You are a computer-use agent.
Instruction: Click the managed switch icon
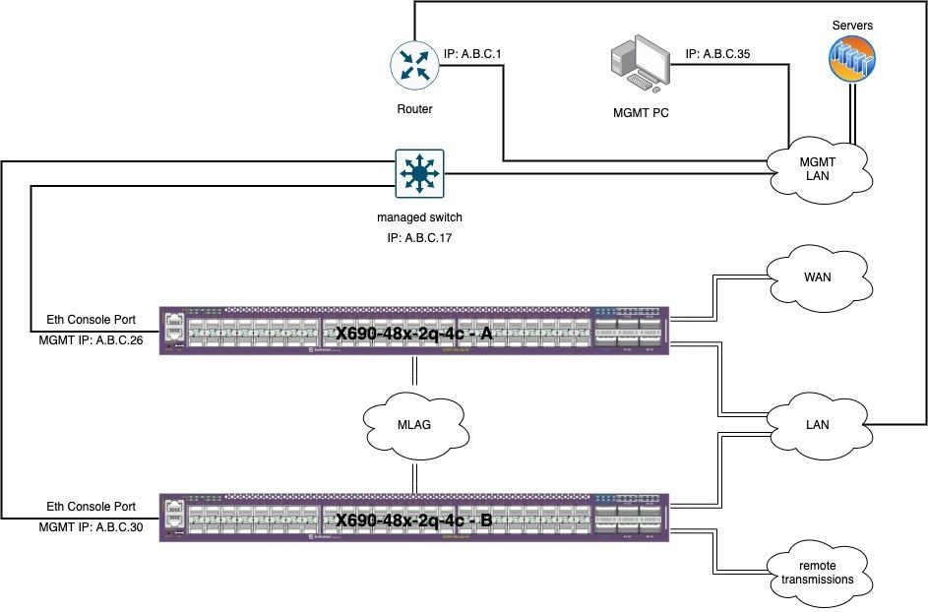[420, 174]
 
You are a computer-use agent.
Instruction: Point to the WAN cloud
[817, 277]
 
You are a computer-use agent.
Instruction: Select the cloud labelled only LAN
[817, 425]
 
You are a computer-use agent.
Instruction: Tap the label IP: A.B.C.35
[717, 54]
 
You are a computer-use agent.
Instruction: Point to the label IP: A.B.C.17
[420, 237]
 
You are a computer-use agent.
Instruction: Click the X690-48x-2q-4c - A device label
[413, 333]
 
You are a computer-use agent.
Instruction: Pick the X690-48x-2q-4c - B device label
[413, 520]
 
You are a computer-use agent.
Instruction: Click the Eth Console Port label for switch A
[92, 319]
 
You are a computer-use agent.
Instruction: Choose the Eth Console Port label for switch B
[92, 506]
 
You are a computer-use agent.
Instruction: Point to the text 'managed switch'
[420, 216]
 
